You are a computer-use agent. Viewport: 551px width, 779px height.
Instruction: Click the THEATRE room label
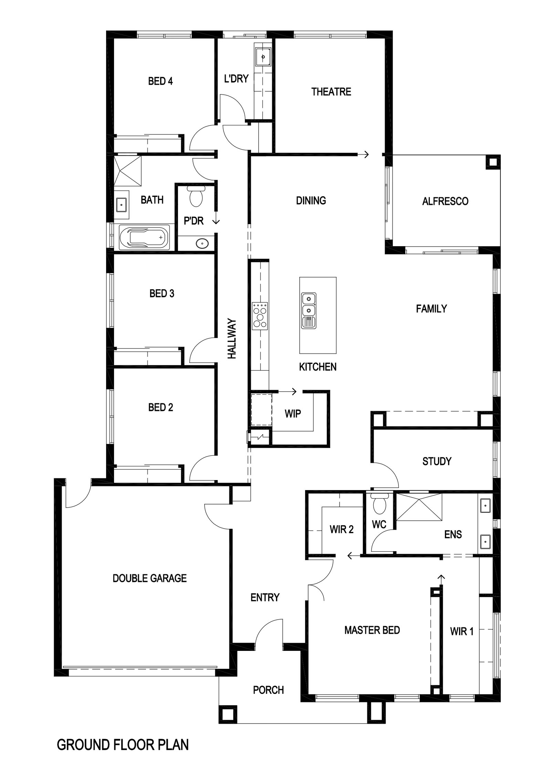point(331,92)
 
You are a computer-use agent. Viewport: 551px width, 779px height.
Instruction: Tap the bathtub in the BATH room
point(144,237)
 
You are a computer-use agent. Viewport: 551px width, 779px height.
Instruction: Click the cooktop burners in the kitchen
point(260,315)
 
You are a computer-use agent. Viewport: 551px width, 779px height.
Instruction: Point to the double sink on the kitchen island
point(309,310)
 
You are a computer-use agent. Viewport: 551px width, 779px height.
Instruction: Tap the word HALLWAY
point(232,339)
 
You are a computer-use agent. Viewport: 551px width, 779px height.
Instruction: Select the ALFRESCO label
point(445,201)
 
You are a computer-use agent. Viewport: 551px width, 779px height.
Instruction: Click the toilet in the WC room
point(379,503)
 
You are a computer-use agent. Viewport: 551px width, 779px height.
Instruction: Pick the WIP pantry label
point(293,414)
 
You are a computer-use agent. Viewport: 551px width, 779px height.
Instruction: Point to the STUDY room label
point(437,461)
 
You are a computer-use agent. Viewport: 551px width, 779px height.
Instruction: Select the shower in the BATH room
point(128,170)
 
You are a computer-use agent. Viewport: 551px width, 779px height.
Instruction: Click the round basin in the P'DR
point(202,243)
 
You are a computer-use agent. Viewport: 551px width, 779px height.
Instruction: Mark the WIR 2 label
point(342,529)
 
